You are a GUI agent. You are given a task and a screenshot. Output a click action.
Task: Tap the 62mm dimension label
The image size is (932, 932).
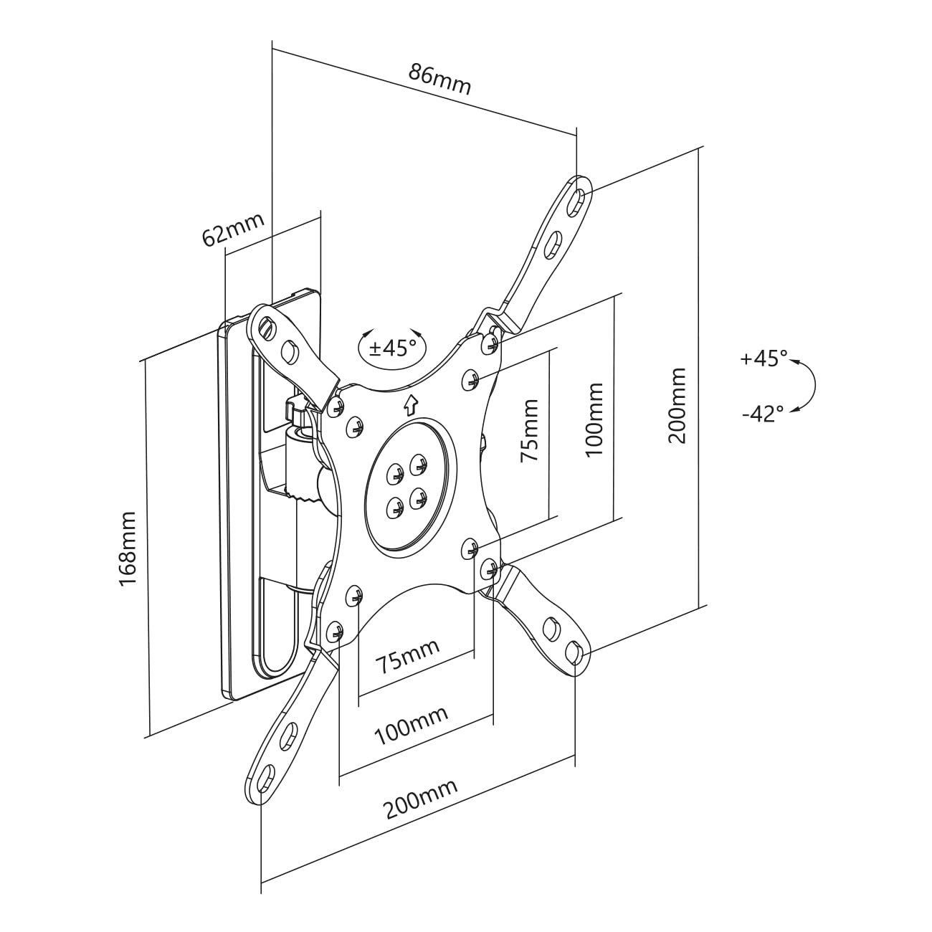point(233,229)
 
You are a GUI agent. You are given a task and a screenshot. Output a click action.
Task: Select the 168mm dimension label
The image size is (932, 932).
point(128,548)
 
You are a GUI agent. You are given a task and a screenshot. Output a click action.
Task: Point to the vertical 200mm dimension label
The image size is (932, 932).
point(677,405)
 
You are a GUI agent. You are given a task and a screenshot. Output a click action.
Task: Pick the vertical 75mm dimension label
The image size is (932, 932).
point(529,430)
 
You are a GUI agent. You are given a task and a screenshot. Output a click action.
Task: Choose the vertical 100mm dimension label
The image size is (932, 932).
point(594,419)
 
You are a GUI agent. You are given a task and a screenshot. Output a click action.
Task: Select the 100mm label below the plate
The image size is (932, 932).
point(411,726)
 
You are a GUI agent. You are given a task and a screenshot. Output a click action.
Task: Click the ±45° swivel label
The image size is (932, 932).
point(392,347)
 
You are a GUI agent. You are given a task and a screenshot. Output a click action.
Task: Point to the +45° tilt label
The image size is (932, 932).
point(764,359)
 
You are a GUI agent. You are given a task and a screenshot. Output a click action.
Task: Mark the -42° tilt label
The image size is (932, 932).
point(763,414)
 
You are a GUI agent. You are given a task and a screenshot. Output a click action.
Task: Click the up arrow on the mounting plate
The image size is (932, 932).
point(411,405)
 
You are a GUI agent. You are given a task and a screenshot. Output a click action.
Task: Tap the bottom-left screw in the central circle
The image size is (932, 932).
point(395,506)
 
